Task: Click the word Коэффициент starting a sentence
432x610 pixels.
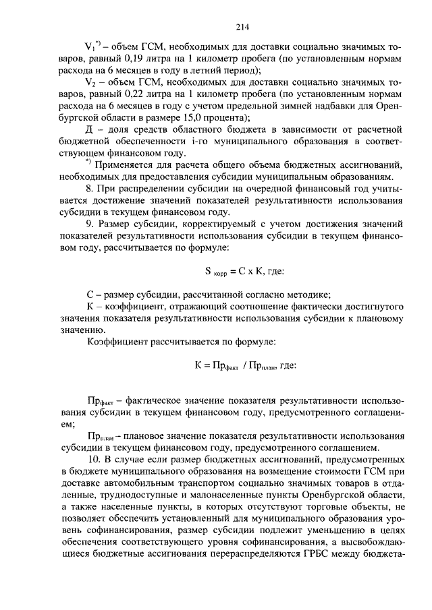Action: click(117, 342)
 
